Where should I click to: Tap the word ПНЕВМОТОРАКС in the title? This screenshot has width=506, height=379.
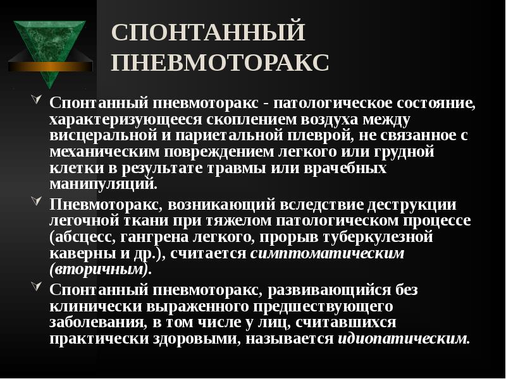point(220,63)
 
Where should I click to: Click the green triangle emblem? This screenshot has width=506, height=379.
point(51,44)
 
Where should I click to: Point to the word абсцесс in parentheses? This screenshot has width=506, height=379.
point(83,237)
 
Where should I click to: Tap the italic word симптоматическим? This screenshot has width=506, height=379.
point(328,253)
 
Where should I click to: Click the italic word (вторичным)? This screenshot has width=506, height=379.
point(99,270)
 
